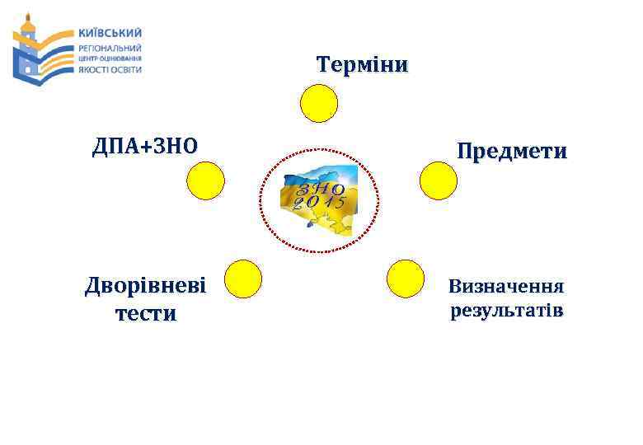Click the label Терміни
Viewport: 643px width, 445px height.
click(362, 65)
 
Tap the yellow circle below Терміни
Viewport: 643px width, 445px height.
click(318, 105)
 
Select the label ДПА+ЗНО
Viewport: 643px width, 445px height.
click(145, 147)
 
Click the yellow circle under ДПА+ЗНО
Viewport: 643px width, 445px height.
click(205, 180)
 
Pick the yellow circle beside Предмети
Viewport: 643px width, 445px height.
click(438, 180)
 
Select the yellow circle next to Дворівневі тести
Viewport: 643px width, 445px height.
click(243, 278)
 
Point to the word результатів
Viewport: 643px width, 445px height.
click(506, 311)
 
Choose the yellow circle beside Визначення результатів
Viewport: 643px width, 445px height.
click(405, 278)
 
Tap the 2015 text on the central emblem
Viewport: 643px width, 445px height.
click(313, 204)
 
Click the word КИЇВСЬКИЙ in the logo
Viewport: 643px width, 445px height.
click(109, 33)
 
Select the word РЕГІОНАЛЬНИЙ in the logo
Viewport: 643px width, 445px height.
click(109, 48)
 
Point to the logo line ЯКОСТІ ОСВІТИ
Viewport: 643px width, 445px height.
click(109, 69)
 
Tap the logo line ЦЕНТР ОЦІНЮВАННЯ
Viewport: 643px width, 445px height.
click(109, 59)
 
